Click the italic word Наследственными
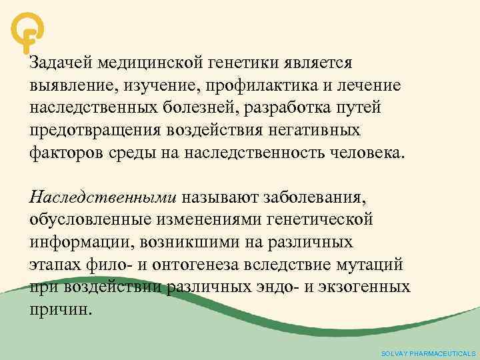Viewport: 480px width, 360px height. click(x=103, y=197)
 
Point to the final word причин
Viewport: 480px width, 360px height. click(x=58, y=309)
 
